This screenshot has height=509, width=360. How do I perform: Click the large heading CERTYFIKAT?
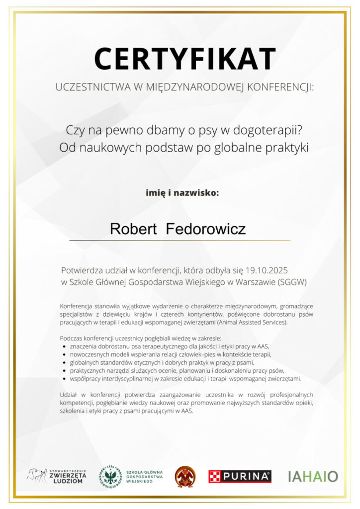[x=184, y=59]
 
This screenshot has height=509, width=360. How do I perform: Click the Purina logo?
[x=240, y=476]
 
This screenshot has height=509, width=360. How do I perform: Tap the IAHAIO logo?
[x=313, y=476]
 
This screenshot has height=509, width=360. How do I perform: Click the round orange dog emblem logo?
[x=185, y=476]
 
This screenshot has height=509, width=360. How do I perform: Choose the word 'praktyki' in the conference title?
[x=289, y=148]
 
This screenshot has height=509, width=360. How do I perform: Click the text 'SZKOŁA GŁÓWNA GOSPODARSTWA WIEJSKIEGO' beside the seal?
[x=145, y=476]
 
